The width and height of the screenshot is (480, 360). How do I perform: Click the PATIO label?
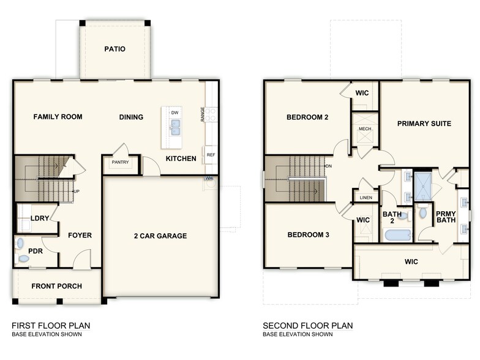114,49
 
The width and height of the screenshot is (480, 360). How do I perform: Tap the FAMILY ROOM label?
58,117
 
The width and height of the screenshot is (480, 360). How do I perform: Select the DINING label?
131,118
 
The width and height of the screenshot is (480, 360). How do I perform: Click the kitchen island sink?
175,127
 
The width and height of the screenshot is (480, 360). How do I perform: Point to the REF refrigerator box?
211,155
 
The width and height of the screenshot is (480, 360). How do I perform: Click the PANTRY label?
119,162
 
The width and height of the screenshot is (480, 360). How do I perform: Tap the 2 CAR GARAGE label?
161,236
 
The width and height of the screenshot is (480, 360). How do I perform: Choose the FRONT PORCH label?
57,286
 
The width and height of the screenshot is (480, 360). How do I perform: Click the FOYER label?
80,235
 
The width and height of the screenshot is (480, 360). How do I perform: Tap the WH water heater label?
209,178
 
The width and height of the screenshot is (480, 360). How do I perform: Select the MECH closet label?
365,129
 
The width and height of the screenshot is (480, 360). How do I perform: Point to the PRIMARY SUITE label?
424,124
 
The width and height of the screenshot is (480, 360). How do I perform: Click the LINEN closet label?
366,197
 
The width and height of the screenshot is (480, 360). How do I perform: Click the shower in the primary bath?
422,186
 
